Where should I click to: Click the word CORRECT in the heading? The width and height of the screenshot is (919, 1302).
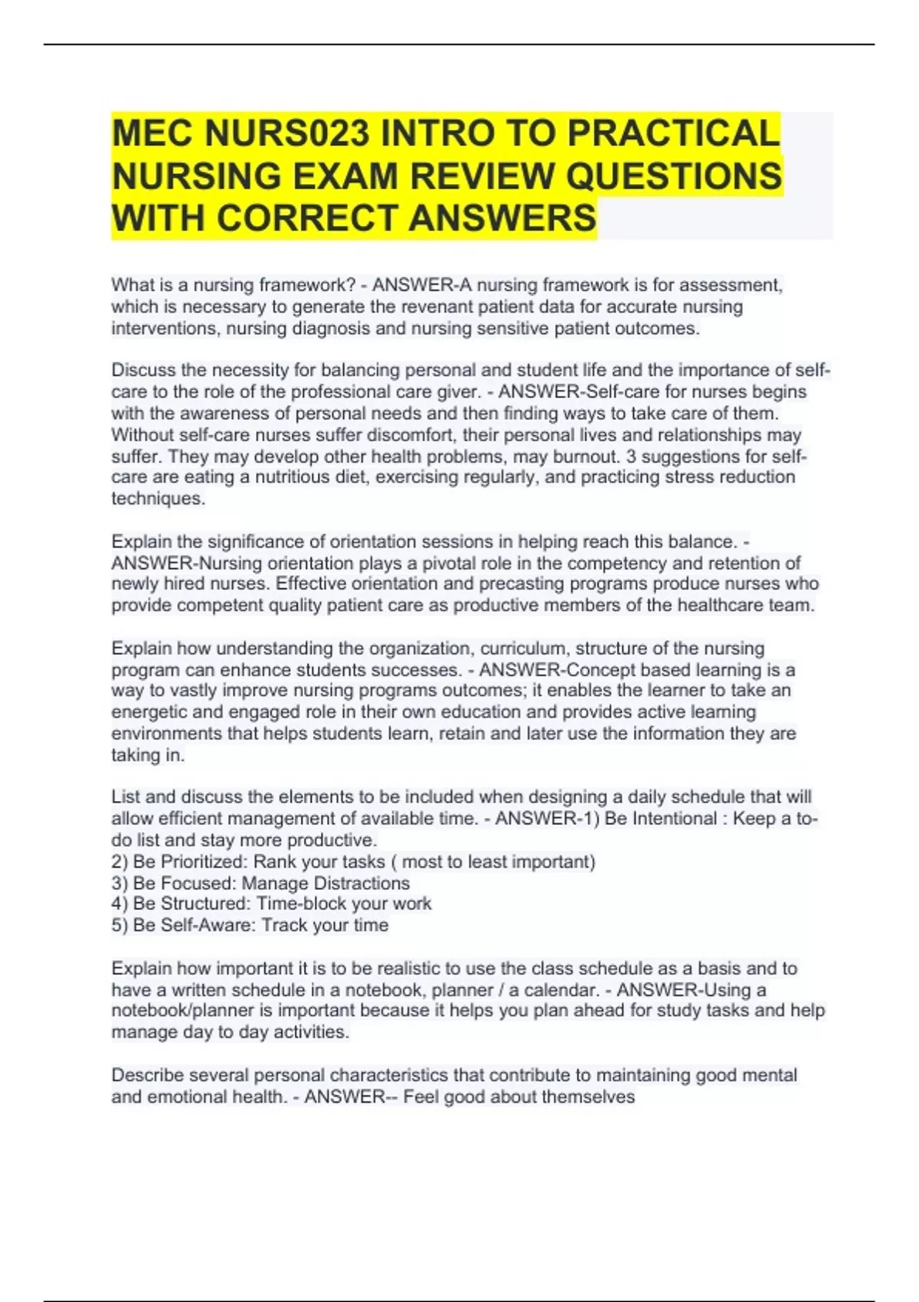[309, 218]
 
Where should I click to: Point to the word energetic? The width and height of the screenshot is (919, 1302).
[149, 712]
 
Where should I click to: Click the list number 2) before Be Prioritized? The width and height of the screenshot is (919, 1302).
[119, 862]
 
